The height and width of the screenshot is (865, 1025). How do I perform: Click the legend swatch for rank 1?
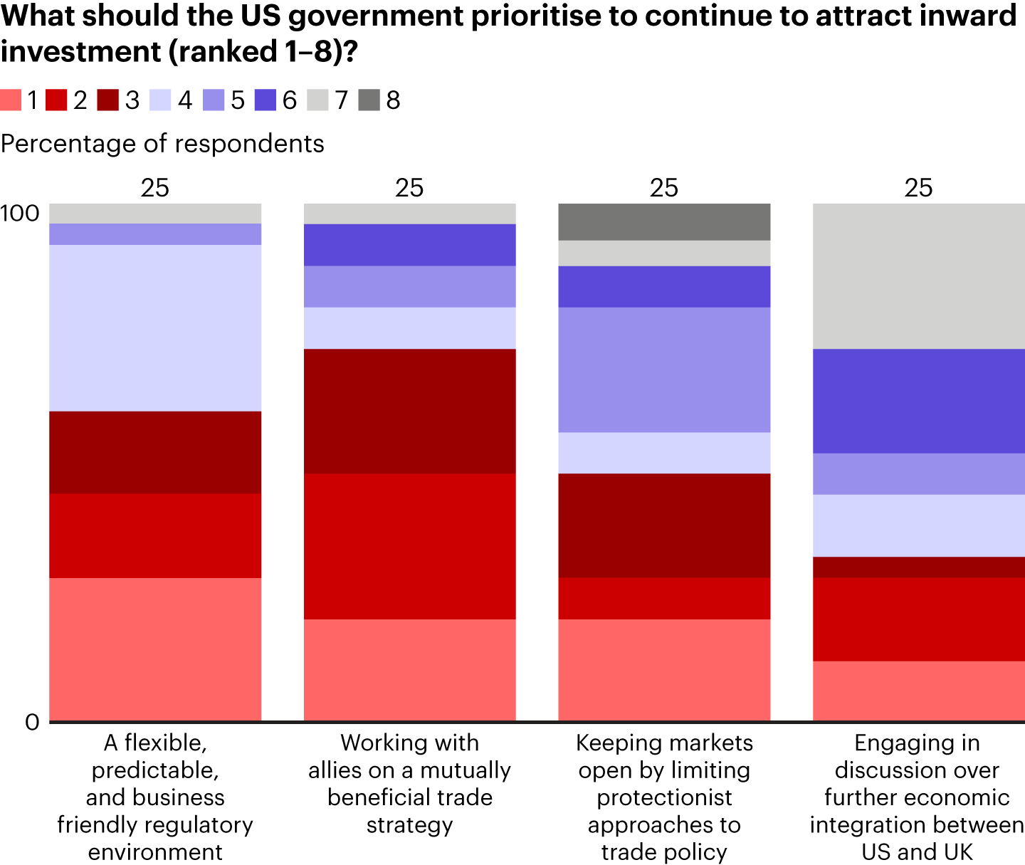pos(11,100)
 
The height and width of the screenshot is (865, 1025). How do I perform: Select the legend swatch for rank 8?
pos(369,100)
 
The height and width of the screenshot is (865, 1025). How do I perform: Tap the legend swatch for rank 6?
pos(265,100)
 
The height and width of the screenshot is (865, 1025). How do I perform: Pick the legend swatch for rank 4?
pos(160,100)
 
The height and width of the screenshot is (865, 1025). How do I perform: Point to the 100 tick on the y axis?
pos(20,213)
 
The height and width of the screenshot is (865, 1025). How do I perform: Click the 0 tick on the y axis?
pos(32,722)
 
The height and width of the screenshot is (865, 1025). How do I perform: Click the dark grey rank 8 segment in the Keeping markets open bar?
pos(664,221)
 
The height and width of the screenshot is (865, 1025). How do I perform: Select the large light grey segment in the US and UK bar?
pos(918,276)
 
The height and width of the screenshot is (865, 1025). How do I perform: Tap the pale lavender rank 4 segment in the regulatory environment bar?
pos(155,327)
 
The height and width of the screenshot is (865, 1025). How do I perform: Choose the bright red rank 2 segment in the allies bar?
pos(409,546)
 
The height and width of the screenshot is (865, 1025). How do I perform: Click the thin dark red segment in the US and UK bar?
pos(918,567)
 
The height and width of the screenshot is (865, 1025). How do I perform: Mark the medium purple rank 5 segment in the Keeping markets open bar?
pos(664,369)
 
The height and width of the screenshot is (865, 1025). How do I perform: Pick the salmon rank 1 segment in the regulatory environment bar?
pos(155,649)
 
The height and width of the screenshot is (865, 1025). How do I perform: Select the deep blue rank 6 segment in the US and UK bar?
pos(918,401)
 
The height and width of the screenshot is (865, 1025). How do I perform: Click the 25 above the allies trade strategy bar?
pos(409,188)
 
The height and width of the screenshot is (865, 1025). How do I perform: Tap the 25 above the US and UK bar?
pos(918,188)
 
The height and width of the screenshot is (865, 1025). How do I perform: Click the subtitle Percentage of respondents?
pos(162,144)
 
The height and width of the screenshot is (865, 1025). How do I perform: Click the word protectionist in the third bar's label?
pos(664,797)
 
